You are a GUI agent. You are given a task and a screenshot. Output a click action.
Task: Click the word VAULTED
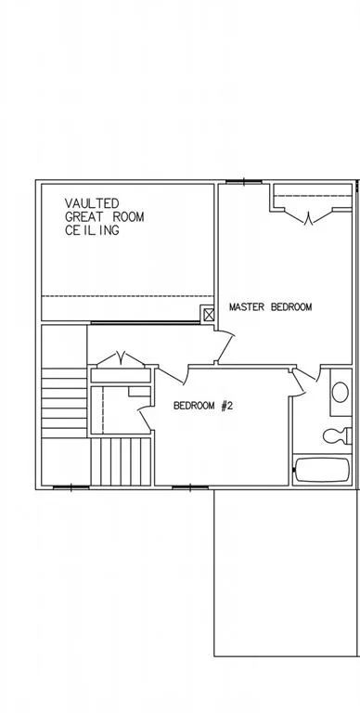click(x=92, y=202)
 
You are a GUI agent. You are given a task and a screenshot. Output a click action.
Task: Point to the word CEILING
click(x=92, y=230)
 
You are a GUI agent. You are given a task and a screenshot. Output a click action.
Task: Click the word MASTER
click(x=247, y=307)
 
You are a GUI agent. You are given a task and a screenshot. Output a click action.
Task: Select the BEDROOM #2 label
click(x=203, y=406)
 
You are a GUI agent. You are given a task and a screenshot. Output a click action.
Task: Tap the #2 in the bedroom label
click(x=226, y=406)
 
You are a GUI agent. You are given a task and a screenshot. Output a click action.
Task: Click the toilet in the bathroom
click(x=338, y=435)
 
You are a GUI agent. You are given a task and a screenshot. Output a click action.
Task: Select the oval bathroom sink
click(x=340, y=392)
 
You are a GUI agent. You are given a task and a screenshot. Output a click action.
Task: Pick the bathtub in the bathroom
click(x=322, y=470)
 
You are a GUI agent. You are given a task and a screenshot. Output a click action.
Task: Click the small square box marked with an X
click(x=209, y=315)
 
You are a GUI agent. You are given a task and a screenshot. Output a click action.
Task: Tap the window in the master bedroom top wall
click(x=244, y=182)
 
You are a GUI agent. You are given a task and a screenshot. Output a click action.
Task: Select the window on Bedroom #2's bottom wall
click(x=190, y=487)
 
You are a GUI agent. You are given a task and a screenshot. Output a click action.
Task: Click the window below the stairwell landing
click(x=71, y=487)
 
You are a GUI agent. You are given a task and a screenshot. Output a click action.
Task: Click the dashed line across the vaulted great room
click(x=128, y=296)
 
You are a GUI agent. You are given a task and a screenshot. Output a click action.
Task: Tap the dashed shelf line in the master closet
click(x=313, y=196)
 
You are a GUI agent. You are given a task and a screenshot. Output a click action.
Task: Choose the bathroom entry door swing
click(x=305, y=381)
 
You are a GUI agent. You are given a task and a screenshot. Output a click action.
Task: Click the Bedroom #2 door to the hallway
click(x=173, y=375)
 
